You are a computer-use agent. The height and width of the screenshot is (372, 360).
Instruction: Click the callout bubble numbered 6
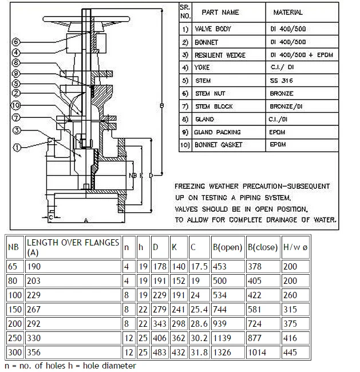(x=17, y=42)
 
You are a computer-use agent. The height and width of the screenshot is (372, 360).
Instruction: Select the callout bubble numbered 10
(x=17, y=105)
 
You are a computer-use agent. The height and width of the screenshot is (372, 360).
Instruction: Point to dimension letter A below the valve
(x=86, y=220)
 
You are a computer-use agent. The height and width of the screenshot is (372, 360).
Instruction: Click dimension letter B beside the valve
(x=162, y=106)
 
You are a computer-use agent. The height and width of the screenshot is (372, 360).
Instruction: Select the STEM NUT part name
(x=212, y=93)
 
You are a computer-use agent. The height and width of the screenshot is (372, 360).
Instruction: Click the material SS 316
(x=282, y=81)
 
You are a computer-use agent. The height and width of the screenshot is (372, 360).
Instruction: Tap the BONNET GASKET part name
(x=219, y=145)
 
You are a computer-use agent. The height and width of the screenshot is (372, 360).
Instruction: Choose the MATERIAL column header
(x=288, y=12)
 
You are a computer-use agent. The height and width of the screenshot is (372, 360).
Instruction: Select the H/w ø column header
(x=296, y=248)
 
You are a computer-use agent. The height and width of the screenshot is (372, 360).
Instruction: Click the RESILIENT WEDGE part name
(x=220, y=55)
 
